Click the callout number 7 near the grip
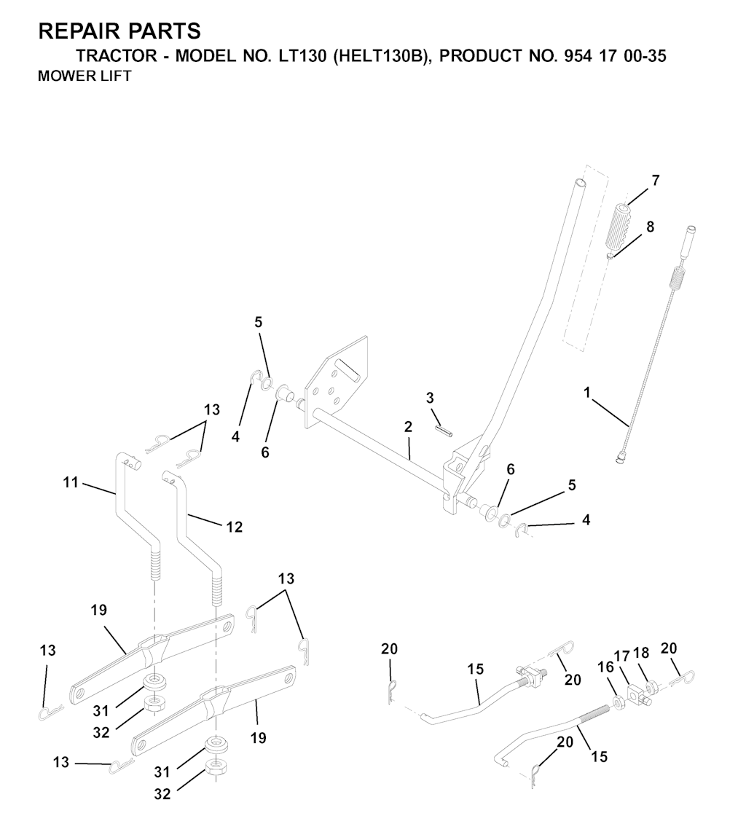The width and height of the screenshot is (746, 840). point(655,181)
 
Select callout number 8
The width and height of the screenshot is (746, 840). point(650,227)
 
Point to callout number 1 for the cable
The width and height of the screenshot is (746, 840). point(587,393)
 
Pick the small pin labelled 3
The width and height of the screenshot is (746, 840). point(444,430)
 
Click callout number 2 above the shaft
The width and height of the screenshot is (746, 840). point(408,427)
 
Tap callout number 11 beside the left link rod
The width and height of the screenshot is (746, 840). point(71,482)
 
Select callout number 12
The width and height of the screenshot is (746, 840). point(235,527)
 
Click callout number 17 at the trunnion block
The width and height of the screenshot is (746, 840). point(621,656)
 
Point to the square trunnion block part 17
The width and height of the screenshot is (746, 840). point(635,696)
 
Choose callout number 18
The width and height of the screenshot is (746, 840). point(641,653)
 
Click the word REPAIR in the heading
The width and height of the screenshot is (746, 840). point(77,31)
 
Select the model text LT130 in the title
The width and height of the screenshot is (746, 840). point(302,55)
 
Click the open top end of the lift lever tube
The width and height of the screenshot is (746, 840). point(580,183)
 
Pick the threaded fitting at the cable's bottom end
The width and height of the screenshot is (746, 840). point(620,458)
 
